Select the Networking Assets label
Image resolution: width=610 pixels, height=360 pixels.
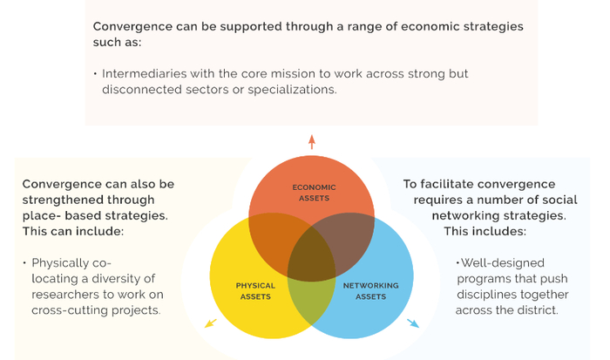[x=370, y=290]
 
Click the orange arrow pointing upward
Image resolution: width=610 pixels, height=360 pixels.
[x=311, y=141]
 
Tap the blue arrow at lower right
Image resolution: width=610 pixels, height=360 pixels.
[x=412, y=323]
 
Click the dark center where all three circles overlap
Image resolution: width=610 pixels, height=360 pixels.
[x=311, y=257]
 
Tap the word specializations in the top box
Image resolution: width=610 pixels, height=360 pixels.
[x=284, y=89]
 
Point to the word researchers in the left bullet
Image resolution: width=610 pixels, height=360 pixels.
[x=67, y=294]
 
